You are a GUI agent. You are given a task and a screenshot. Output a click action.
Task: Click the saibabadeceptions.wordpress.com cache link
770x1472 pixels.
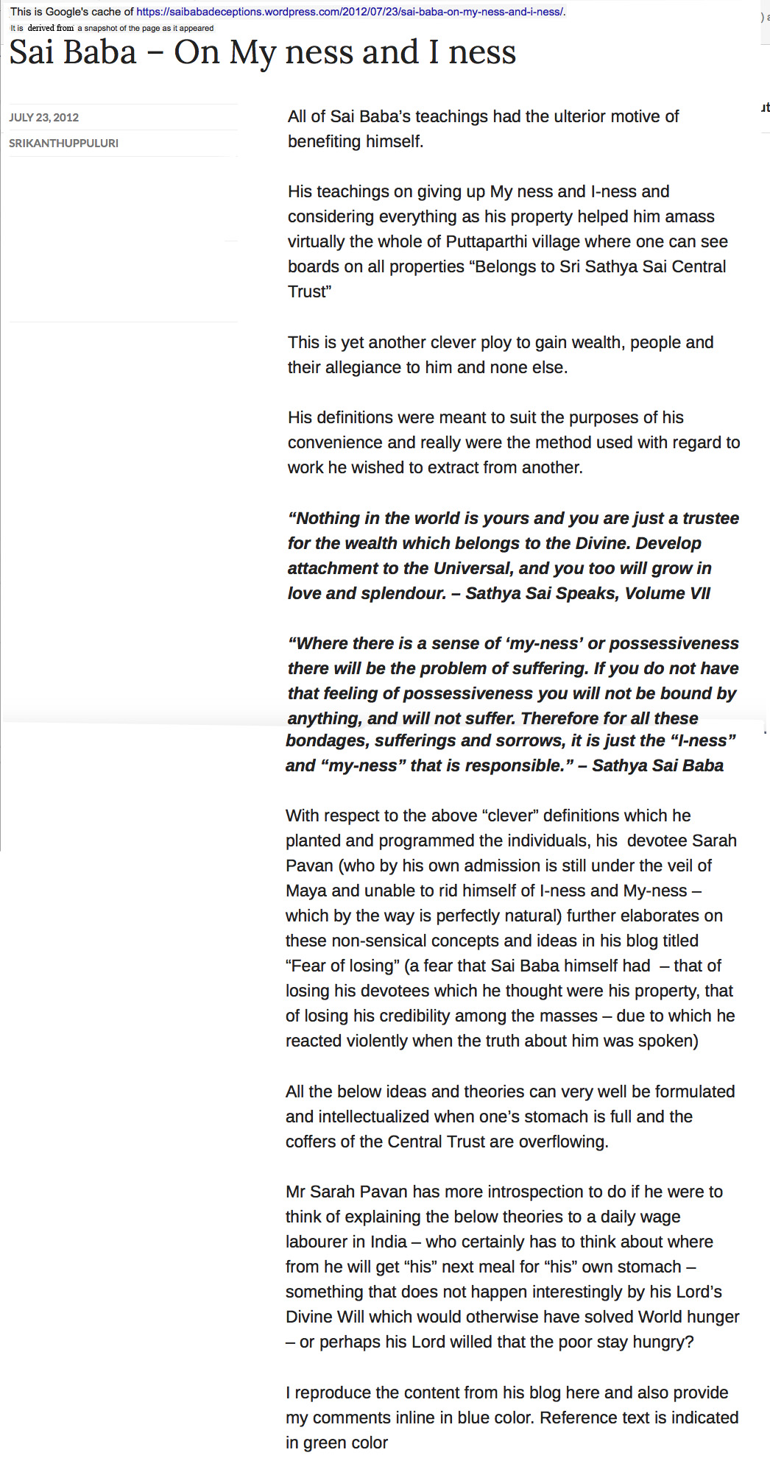click(350, 12)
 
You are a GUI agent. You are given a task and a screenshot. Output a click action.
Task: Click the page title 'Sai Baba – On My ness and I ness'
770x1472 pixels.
click(262, 53)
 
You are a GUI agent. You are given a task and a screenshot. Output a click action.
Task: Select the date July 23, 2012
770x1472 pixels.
click(43, 117)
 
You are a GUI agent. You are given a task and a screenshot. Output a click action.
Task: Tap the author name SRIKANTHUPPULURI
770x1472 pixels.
click(63, 143)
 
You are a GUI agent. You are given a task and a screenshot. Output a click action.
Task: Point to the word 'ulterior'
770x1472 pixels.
click(554, 116)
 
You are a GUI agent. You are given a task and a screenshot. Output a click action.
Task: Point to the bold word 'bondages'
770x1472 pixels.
click(320, 740)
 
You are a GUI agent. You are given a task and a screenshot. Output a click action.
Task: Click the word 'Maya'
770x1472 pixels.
click(306, 891)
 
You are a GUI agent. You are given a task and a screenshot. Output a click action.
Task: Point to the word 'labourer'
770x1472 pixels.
click(315, 1242)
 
